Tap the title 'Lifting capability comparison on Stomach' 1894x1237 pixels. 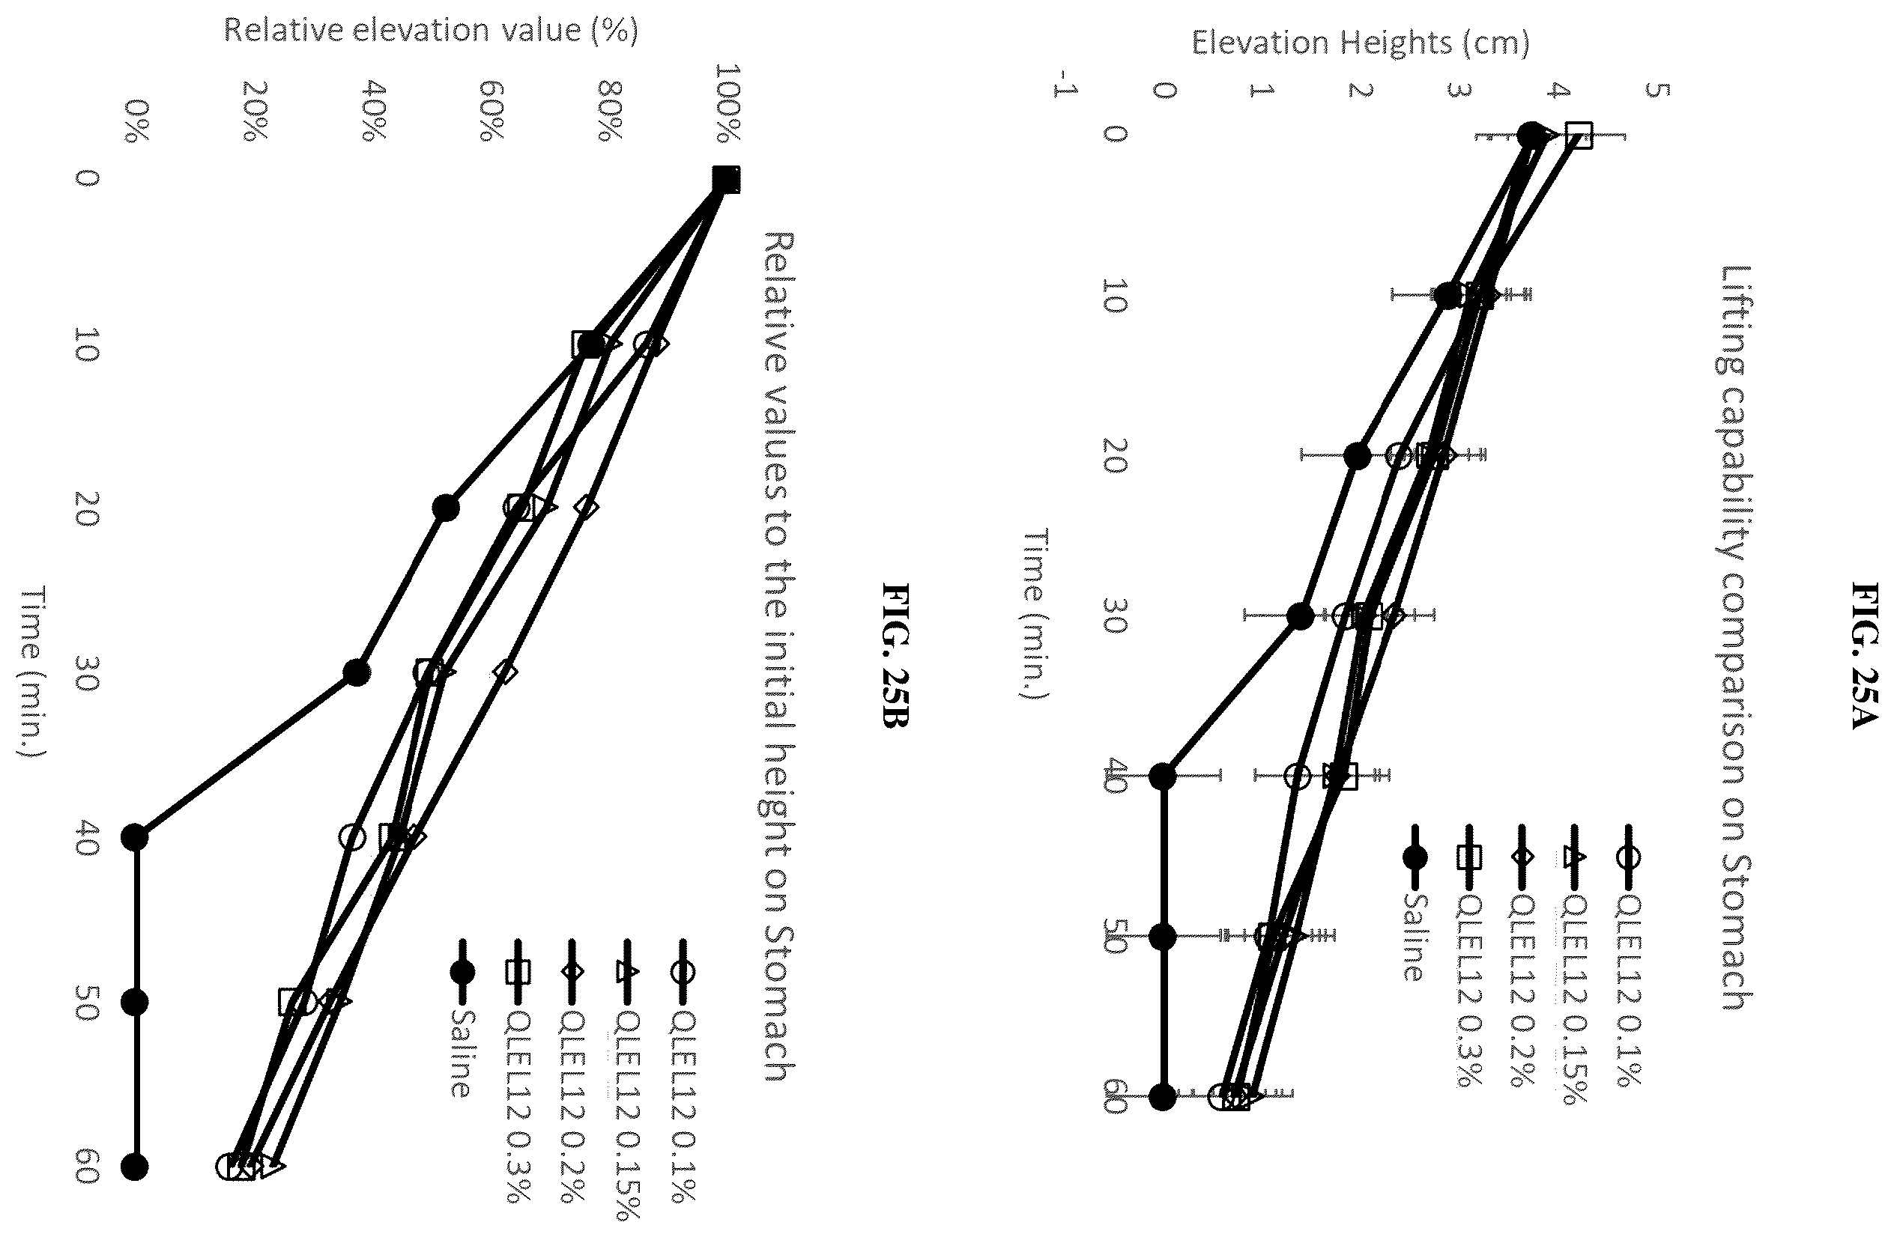[x=1738, y=637]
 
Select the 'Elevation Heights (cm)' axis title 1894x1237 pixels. [x=1360, y=42]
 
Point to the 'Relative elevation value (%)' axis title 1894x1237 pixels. [x=430, y=30]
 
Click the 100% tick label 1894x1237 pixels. [x=727, y=103]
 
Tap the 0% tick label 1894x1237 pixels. [x=137, y=121]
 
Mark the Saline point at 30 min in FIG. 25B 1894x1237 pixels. [x=357, y=672]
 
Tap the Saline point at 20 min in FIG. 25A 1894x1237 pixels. [x=1358, y=456]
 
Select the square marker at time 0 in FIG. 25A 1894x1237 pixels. [x=1579, y=136]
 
